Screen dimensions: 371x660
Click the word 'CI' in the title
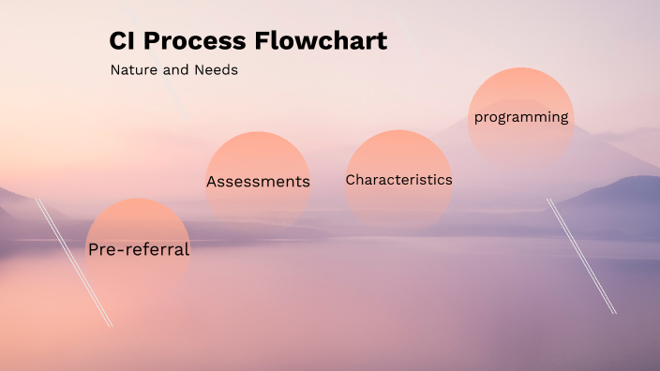tap(122, 41)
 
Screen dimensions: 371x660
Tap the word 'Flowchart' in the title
tap(321, 41)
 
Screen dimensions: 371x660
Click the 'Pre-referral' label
tap(138, 250)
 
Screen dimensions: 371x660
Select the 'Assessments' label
tap(258, 182)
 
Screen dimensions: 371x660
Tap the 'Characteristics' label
tap(398, 180)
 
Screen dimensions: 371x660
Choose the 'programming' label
tap(520, 117)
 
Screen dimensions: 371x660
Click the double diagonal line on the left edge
tap(74, 262)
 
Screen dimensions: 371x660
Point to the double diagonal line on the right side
tap(581, 255)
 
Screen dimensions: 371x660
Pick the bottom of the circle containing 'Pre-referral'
tap(138, 298)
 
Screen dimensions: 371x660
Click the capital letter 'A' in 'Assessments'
tap(213, 182)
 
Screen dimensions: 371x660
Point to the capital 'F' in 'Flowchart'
tap(265, 41)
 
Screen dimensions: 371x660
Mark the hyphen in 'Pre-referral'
tap(116, 251)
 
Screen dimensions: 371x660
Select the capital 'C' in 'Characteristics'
tap(351, 180)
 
